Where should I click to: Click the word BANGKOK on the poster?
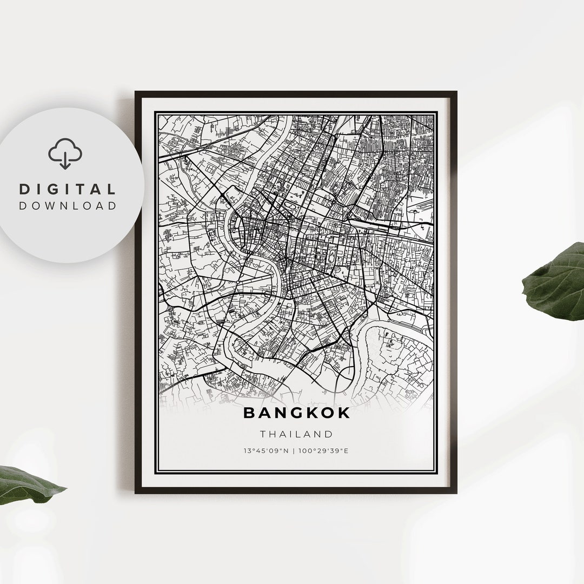click(x=296, y=413)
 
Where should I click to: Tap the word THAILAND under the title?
click(x=296, y=434)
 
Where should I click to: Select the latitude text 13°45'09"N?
click(x=265, y=450)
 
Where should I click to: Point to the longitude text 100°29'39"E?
click(x=324, y=450)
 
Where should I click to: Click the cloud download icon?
click(x=65, y=154)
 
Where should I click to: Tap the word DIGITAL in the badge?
click(x=68, y=189)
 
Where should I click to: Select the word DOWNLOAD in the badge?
click(x=68, y=205)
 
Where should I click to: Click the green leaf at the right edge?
click(x=554, y=282)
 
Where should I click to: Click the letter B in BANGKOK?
click(x=249, y=413)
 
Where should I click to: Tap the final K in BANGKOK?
click(x=344, y=413)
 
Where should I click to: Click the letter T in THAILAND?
click(x=263, y=434)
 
